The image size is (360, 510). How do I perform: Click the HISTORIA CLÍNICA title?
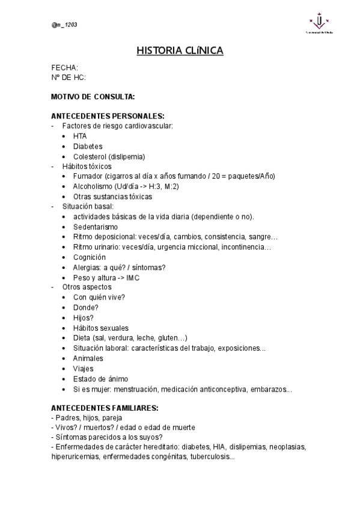180,51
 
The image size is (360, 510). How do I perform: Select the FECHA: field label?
65,67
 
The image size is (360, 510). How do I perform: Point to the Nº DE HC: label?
69,77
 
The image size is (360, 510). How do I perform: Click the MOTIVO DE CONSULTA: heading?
93,96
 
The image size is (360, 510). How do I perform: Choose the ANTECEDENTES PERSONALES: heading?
108,116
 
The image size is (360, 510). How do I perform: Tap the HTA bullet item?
80,136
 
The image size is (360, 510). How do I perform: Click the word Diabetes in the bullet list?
88,146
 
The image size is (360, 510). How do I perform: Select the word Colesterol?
90,156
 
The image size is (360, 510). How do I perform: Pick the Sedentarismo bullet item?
96,227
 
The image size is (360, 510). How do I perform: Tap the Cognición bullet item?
90,257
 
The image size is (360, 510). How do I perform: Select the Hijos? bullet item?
84,318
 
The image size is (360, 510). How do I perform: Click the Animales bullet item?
88,358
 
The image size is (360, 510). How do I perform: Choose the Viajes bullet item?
84,368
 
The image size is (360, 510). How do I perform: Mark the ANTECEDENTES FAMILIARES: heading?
105,408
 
